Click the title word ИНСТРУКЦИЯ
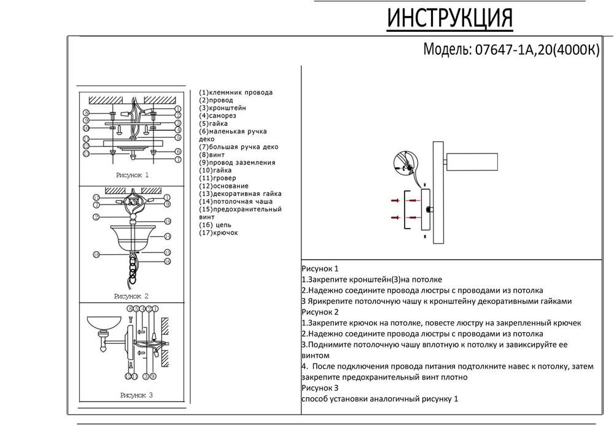tap(449, 19)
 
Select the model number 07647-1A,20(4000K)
tap(534, 50)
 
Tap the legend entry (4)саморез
tap(217, 115)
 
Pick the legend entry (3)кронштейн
tap(222, 107)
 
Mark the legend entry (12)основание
tap(223, 185)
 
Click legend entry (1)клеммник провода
tap(236, 92)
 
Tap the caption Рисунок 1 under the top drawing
tap(132, 175)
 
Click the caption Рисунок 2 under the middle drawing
tap(131, 296)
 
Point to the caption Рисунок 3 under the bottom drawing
tap(136, 396)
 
